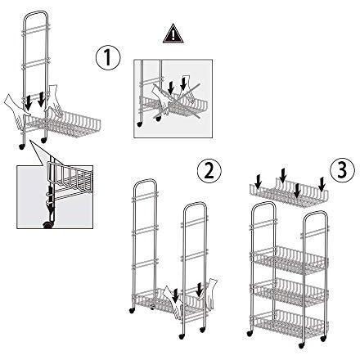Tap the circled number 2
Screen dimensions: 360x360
coord(209,173)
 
